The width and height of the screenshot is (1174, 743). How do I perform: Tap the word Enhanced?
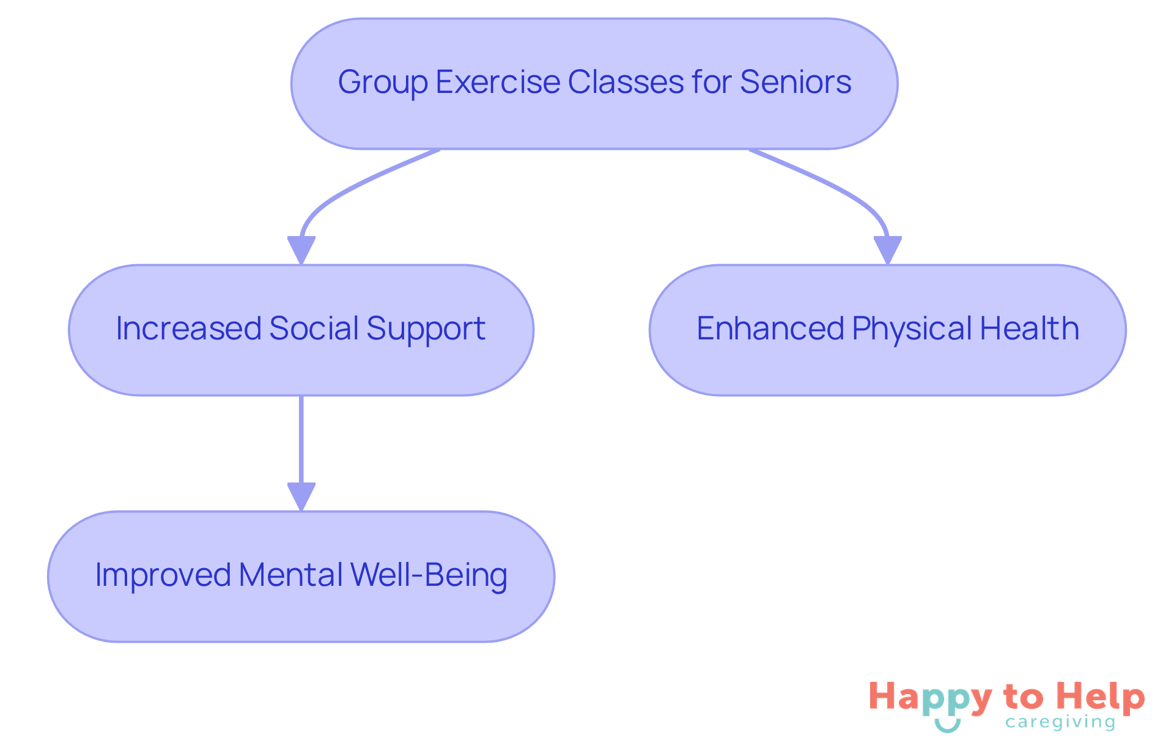click(770, 328)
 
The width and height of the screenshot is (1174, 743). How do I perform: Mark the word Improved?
click(163, 576)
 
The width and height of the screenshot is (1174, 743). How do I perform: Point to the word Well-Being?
click(429, 576)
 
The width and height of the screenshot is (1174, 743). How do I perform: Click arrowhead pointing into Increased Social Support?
click(301, 250)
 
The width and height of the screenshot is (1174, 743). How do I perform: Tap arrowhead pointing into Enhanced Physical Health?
click(887, 250)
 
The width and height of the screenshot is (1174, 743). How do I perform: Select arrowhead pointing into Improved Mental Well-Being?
click(301, 496)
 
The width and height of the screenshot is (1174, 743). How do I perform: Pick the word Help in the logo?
click(1101, 698)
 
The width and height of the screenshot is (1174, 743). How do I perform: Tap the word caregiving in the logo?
click(1060, 722)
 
